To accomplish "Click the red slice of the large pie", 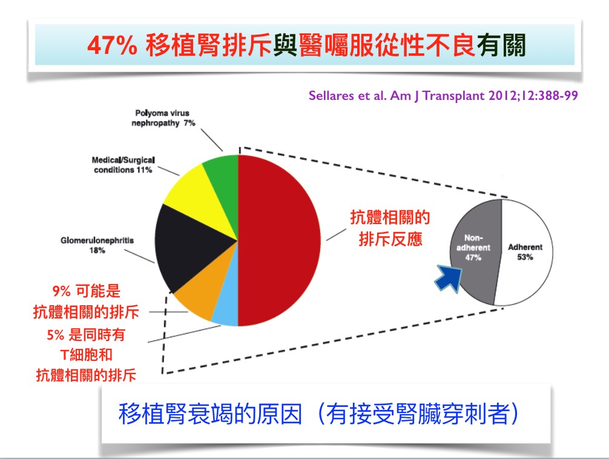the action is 278,240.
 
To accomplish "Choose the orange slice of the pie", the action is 204,288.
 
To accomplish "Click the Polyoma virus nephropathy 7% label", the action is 163,118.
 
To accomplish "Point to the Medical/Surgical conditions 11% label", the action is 123,165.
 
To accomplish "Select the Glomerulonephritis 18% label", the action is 97,245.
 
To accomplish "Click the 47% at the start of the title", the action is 112,45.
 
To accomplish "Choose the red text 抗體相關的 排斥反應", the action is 390,228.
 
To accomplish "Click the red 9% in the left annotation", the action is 61,291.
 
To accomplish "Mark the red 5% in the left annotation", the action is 55,335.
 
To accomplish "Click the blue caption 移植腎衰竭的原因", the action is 210,414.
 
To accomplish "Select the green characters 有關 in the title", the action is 502,45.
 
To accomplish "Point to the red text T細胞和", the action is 87,355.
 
